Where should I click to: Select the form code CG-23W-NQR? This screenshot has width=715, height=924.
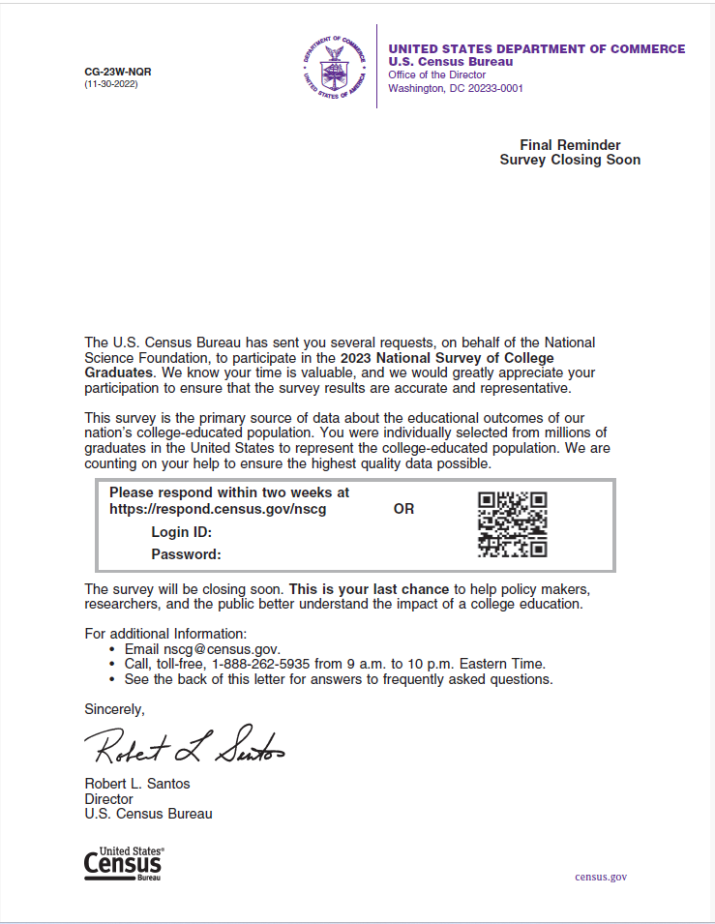(118, 72)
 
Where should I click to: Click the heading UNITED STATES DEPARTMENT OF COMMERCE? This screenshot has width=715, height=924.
(536, 49)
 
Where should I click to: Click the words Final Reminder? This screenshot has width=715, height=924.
(570, 145)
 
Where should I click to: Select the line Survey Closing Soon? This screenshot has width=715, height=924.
(570, 160)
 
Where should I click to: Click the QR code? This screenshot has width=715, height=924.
(513, 524)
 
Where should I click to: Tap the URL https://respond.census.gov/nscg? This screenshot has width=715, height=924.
(217, 509)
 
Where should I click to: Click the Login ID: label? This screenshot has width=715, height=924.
(181, 532)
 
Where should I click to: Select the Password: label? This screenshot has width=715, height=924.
(186, 554)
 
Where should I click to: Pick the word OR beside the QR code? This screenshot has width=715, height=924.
(403, 509)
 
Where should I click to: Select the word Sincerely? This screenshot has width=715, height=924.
(114, 709)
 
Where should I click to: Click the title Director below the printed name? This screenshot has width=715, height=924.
(108, 799)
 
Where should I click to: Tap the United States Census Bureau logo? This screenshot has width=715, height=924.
(123, 863)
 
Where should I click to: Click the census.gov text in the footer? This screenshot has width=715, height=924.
(600, 877)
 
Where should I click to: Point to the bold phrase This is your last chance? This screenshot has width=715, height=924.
(369, 589)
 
